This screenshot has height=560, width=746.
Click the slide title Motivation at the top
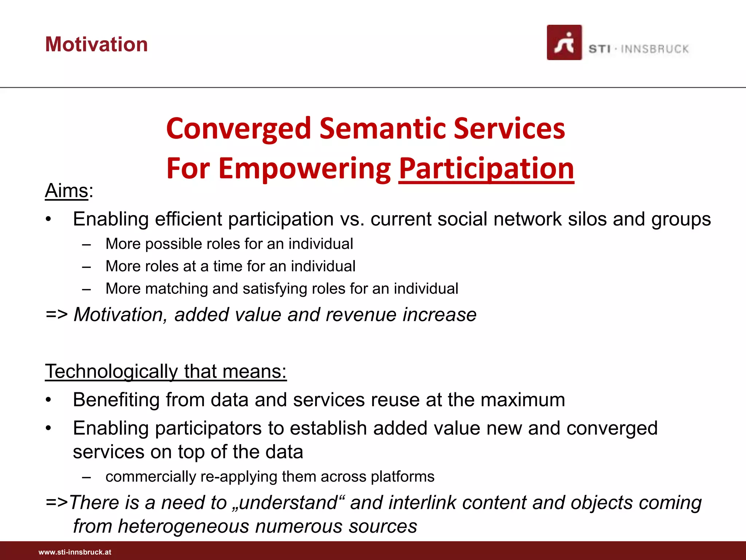pyautogui.click(x=97, y=44)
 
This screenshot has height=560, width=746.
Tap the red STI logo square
pyautogui.click(x=564, y=43)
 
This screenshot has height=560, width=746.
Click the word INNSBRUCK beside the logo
pyautogui.click(x=655, y=49)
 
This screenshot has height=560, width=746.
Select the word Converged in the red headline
pyautogui.click(x=238, y=129)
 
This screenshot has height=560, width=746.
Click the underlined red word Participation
pyautogui.click(x=486, y=169)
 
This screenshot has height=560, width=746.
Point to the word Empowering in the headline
pyautogui.click(x=305, y=169)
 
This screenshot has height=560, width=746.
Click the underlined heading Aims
pyautogui.click(x=67, y=191)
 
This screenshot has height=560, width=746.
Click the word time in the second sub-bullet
pyautogui.click(x=228, y=266)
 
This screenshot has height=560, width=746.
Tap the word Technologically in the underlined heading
pyautogui.click(x=111, y=372)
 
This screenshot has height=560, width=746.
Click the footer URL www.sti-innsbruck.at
pyautogui.click(x=75, y=552)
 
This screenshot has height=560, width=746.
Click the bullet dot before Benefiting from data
pyautogui.click(x=48, y=400)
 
